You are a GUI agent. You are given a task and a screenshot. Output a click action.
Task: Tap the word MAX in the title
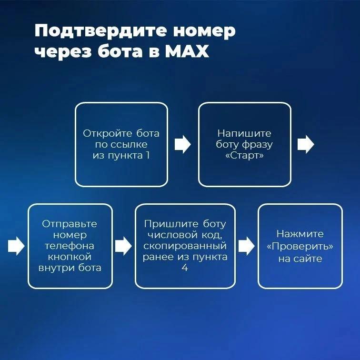[x=187, y=51]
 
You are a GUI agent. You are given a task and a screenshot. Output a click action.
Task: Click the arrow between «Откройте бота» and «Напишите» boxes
[x=183, y=144]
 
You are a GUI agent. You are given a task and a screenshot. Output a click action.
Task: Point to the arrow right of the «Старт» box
[x=306, y=144]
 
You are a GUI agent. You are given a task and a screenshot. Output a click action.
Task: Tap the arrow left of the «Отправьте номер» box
[x=16, y=246]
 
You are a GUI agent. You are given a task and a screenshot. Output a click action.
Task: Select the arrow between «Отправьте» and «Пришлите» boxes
[x=123, y=246]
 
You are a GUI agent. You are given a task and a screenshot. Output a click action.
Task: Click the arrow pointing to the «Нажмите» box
[x=247, y=246]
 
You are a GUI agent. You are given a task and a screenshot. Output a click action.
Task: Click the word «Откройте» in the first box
[x=108, y=133]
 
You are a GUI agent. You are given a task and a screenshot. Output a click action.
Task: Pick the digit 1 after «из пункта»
[x=148, y=155]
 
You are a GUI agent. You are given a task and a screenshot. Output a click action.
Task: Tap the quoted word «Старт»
[x=244, y=155]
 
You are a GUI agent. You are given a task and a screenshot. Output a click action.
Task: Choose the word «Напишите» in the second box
[x=244, y=133]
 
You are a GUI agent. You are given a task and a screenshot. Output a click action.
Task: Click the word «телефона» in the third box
[x=70, y=246]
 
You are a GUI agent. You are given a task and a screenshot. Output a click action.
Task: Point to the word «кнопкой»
[x=70, y=257]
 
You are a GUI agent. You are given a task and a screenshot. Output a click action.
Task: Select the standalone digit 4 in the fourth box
[x=185, y=268]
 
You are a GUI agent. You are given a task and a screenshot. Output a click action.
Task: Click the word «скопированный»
[x=185, y=246]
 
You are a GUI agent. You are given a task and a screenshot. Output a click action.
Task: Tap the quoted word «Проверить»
[x=300, y=246]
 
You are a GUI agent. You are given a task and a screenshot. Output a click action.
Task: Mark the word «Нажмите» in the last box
[x=300, y=234]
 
